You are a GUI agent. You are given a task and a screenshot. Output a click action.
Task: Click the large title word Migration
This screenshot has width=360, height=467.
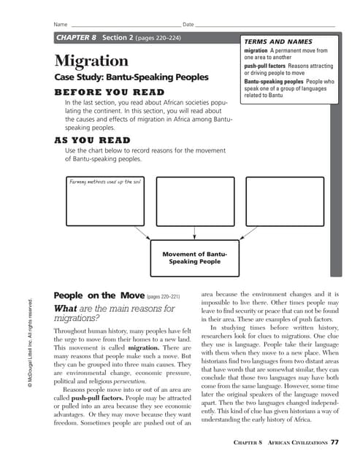pos(91,60)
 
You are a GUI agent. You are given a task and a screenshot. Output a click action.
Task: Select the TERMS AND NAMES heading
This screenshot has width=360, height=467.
pos(272,42)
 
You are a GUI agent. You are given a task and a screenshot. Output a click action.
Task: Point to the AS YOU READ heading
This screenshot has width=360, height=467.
pos(92,140)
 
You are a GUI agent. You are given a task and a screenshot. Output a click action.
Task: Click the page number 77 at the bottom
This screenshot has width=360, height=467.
pos(334,441)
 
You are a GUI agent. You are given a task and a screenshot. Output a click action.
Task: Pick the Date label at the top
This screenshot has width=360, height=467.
pos(188,24)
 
